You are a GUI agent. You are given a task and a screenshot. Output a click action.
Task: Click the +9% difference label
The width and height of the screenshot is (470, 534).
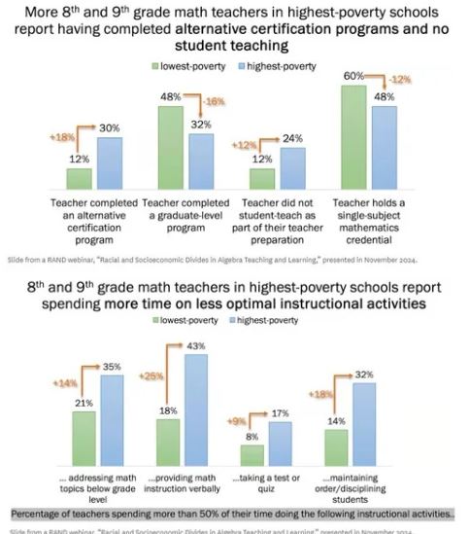[x=234, y=421]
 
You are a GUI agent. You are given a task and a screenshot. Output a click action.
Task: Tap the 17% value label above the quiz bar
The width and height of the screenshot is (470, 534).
[x=280, y=413]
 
